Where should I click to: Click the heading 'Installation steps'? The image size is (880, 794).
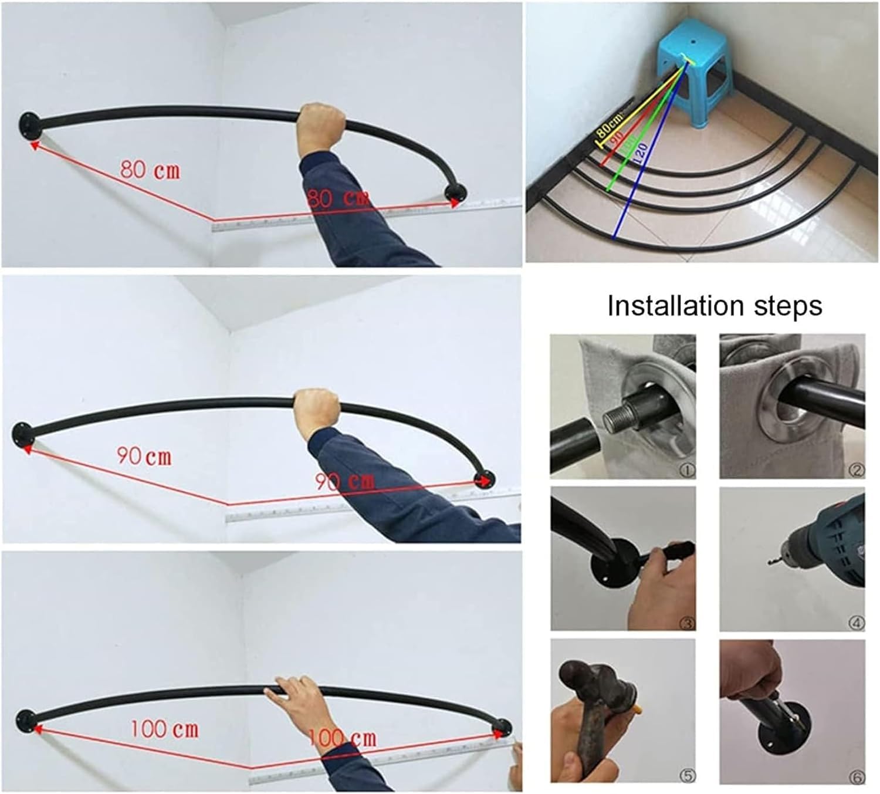tap(714, 306)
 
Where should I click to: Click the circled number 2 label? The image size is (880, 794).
tap(857, 470)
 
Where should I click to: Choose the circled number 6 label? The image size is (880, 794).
tap(857, 778)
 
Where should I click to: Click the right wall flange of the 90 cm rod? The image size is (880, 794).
tap(486, 479)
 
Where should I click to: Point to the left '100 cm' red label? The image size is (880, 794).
tap(164, 729)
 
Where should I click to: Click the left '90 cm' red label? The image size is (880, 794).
tap(144, 456)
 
